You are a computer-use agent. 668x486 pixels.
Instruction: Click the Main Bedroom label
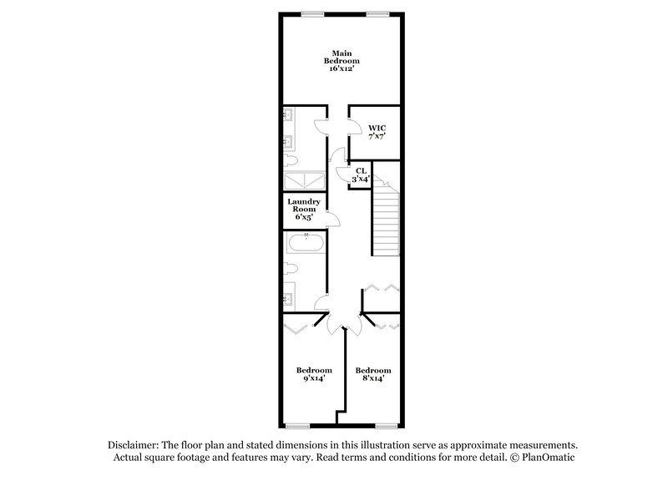pyautogui.click(x=342, y=57)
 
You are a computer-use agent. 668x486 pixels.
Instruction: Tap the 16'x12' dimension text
pyautogui.click(x=342, y=68)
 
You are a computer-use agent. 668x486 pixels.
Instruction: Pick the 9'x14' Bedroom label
pyautogui.click(x=314, y=374)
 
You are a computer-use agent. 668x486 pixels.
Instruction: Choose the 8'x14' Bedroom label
pyautogui.click(x=372, y=374)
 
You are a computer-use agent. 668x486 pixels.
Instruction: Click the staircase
pyautogui.click(x=386, y=222)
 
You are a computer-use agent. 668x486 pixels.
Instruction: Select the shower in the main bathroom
pyautogui.click(x=303, y=182)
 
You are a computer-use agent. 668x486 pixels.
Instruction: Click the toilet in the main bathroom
pyautogui.click(x=291, y=159)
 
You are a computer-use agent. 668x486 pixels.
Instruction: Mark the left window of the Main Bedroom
pyautogui.click(x=313, y=13)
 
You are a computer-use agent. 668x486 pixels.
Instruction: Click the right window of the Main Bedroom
pyautogui.click(x=377, y=13)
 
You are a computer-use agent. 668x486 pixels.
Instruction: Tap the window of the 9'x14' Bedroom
pyautogui.click(x=298, y=426)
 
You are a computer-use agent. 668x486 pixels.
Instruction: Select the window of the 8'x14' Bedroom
pyautogui.click(x=386, y=426)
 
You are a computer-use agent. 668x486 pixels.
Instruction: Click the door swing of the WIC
pyautogui.click(x=354, y=130)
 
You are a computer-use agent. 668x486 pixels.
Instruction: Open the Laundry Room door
pyautogui.click(x=332, y=220)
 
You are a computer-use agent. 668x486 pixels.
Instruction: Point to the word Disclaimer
pyautogui.click(x=134, y=446)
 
